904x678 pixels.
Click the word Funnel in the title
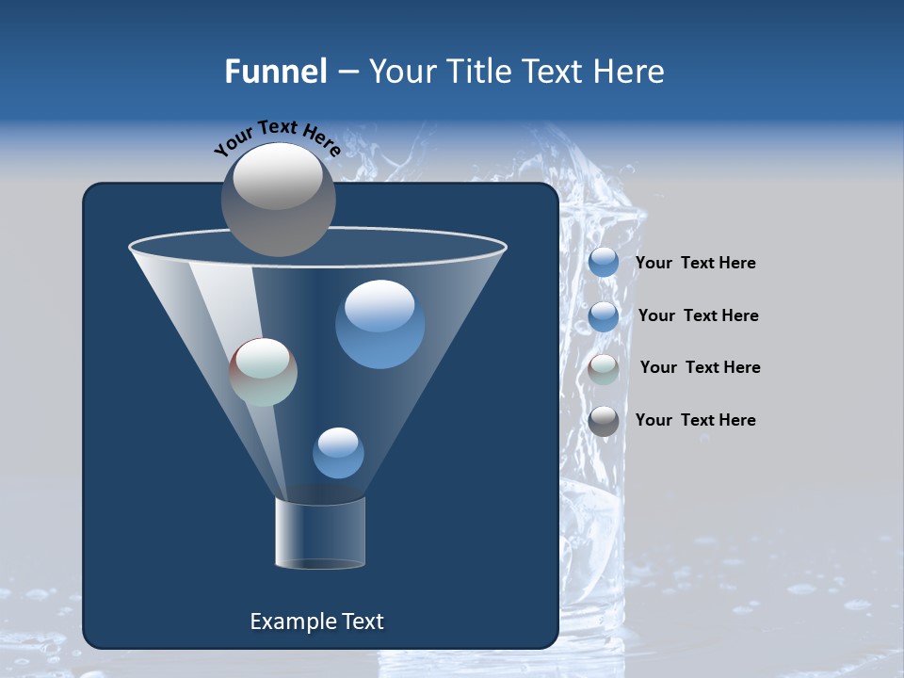(x=275, y=72)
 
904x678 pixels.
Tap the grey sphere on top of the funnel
(x=278, y=199)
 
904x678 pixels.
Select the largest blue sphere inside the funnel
(x=379, y=324)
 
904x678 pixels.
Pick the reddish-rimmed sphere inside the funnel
(x=264, y=372)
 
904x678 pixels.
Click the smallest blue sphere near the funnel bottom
(x=338, y=453)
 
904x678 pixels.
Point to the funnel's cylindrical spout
(x=320, y=533)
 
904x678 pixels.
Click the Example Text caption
(x=316, y=621)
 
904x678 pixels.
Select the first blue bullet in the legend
(x=604, y=263)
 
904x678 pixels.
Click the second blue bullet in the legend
(x=604, y=316)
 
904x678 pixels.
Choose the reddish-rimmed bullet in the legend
(x=604, y=369)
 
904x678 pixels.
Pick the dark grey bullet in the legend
(x=604, y=421)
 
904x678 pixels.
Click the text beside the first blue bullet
(x=695, y=264)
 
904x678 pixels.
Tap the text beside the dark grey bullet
(x=695, y=420)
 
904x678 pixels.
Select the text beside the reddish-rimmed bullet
(x=700, y=367)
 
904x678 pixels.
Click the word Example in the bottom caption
(x=292, y=621)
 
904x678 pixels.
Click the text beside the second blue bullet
(x=698, y=315)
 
